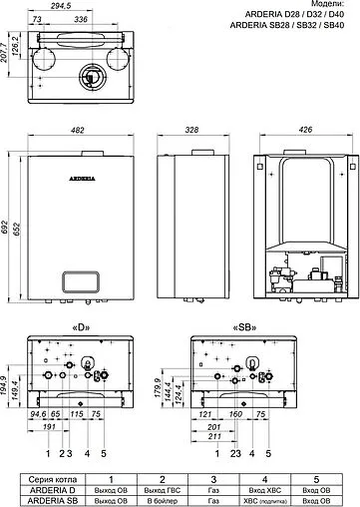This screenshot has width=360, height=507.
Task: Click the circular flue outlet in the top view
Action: pos(91,77)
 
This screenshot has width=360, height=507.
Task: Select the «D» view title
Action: pos(83,326)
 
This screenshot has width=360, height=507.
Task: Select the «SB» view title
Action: pos(242,326)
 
